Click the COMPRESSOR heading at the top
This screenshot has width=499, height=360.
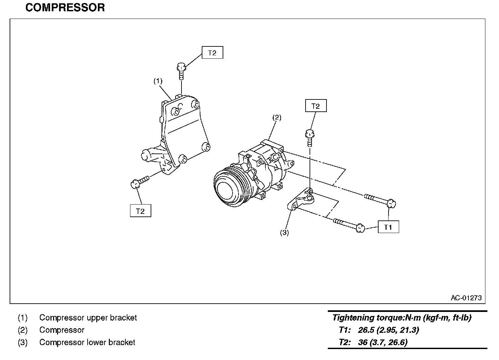pos(65,8)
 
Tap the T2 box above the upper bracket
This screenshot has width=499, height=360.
pos(212,53)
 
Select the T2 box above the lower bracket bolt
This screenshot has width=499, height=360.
pos(316,106)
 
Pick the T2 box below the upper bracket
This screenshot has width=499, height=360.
pos(140,211)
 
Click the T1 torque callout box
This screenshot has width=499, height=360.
pos(388,227)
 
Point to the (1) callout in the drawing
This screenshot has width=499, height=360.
pos(158,81)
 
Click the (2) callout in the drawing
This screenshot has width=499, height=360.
pos(277,117)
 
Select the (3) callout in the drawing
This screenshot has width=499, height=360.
pos(284,233)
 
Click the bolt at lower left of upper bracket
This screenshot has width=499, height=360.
pos(139,182)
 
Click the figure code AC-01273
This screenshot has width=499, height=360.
pos(466,298)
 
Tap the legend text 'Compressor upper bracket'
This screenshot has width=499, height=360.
pos(88,318)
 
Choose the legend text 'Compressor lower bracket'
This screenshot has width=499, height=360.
pos(87,342)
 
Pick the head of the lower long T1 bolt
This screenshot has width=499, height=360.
pos(360,228)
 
